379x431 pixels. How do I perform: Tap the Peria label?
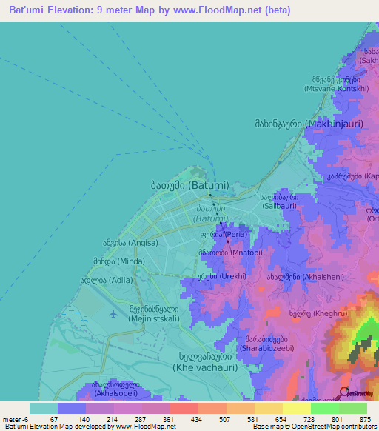point(223,234)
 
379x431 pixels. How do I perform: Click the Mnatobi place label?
point(229,253)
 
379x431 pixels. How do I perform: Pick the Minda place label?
point(119,261)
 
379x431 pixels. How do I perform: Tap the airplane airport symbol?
point(113,313)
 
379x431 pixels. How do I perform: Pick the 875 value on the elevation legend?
point(364,418)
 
